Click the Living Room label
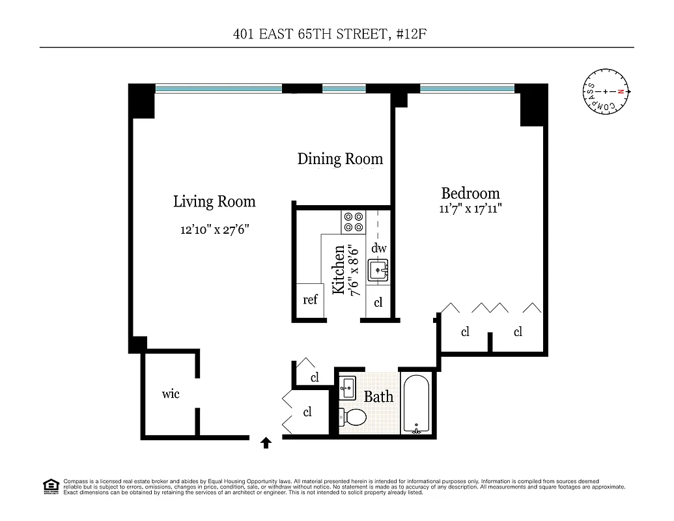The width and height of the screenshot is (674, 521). click(x=214, y=202)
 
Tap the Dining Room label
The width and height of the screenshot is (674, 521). click(x=340, y=159)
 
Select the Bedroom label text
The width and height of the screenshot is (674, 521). click(x=470, y=193)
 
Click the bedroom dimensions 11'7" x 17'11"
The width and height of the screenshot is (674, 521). click(x=470, y=209)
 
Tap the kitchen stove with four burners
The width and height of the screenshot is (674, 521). click(x=353, y=222)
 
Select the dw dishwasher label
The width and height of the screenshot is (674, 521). click(x=378, y=248)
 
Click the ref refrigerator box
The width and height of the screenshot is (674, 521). click(x=310, y=300)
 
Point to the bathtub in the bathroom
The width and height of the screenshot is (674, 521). click(x=415, y=404)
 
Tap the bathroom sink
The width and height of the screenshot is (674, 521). click(x=347, y=387)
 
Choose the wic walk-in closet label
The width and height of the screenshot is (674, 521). click(x=171, y=394)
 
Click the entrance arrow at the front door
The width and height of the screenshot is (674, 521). click(x=266, y=444)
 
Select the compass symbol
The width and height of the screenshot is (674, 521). click(x=606, y=92)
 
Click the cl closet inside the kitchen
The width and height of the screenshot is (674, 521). click(x=378, y=303)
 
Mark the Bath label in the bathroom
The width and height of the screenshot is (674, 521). click(x=378, y=396)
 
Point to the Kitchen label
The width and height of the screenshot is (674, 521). click(x=339, y=270)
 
